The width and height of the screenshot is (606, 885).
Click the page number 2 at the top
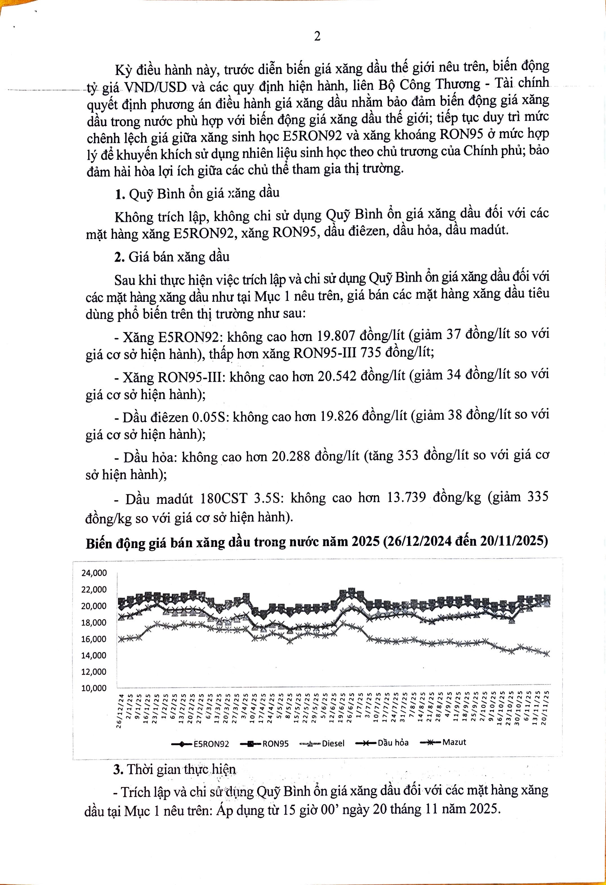317,37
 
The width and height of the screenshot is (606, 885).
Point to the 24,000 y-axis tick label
94,573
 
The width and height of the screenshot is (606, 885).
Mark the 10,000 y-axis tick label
94,688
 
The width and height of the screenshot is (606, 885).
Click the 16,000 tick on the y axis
94,639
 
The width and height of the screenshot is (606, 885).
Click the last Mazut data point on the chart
547,654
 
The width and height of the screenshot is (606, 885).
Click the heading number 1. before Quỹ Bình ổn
120,194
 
